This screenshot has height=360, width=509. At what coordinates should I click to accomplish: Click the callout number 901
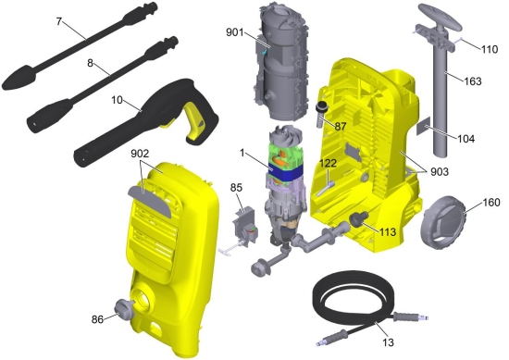pos(235,32)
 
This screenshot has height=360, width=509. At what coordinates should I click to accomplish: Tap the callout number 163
pos(472,81)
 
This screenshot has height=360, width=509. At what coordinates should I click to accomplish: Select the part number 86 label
pos(97,319)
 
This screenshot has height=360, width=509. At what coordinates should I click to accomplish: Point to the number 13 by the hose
pos(389,342)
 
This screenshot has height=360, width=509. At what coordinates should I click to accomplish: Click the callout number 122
pos(328,163)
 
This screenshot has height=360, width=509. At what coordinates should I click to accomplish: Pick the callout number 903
pos(440,172)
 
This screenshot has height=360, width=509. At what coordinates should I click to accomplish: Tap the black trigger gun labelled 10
pos(146,122)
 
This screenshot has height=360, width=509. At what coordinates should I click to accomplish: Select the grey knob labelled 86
pos(124,309)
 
